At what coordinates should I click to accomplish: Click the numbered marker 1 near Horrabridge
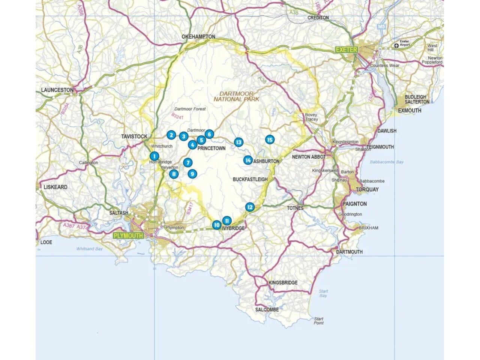(154, 156)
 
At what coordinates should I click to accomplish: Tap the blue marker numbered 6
(209, 134)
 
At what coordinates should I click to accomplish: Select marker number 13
(238, 142)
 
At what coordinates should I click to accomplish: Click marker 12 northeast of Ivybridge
(250, 207)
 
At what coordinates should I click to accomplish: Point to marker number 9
(192, 174)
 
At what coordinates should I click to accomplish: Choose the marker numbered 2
(171, 135)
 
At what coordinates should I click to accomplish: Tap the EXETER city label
(346, 49)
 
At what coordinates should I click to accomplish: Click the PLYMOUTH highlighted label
(128, 235)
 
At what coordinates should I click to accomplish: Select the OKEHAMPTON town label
(198, 37)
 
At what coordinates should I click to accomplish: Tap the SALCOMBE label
(267, 310)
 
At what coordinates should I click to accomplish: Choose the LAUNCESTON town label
(57, 90)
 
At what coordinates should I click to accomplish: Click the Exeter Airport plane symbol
(396, 46)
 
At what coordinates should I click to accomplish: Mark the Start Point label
(318, 321)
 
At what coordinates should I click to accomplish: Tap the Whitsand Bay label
(89, 249)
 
